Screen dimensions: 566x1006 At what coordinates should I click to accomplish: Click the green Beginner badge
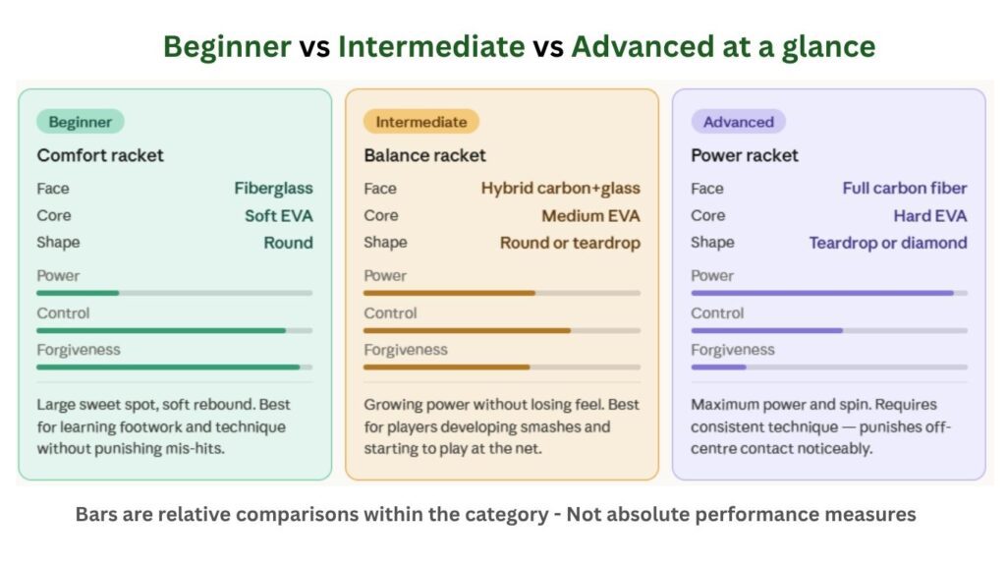[81, 122]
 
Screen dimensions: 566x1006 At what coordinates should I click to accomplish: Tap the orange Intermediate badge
[420, 122]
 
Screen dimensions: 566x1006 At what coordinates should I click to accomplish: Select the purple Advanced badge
[738, 122]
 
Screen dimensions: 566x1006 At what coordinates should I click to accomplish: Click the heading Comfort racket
[100, 155]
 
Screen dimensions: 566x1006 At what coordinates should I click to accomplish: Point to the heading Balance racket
[424, 155]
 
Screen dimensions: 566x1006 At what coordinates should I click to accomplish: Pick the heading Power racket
[745, 155]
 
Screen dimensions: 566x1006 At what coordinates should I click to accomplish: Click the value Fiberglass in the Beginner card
[273, 188]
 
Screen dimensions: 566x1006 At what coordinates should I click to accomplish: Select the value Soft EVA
[278, 215]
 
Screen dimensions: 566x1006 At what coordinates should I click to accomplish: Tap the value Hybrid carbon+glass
[560, 188]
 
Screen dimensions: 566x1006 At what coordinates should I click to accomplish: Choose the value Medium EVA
[589, 215]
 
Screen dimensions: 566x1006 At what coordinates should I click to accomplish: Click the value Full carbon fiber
[904, 188]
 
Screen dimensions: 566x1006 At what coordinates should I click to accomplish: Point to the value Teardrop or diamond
[888, 243]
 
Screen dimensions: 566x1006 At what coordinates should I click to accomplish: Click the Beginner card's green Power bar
[78, 293]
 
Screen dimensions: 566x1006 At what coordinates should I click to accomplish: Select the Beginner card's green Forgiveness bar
[168, 367]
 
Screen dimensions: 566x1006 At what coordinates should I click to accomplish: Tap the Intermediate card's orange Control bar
[467, 330]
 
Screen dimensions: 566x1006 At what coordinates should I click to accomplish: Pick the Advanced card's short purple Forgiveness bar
[718, 367]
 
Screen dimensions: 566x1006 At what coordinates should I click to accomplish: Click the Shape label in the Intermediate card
[385, 243]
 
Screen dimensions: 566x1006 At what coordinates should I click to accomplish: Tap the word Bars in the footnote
[95, 514]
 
